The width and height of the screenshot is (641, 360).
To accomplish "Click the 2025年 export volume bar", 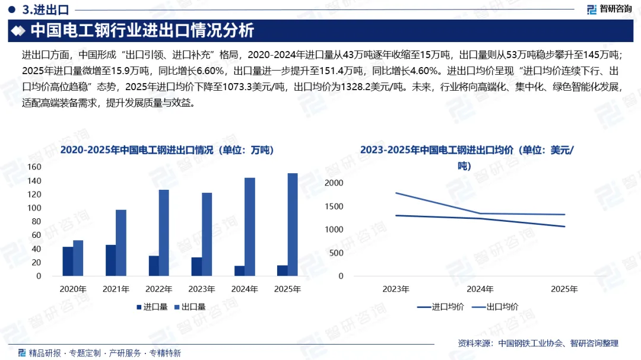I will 293,225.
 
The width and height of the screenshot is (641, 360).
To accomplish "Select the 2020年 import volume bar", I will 68,262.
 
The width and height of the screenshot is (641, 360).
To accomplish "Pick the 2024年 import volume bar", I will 239,271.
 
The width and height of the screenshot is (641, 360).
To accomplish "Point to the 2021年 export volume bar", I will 120,243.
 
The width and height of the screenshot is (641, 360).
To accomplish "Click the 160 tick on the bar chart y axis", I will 34,167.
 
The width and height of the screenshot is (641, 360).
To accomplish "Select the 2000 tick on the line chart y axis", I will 334,183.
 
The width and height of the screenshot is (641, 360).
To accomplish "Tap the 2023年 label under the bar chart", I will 202,289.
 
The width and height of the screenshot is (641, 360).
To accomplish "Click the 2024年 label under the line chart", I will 480,289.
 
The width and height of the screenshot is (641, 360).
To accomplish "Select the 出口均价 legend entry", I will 496,307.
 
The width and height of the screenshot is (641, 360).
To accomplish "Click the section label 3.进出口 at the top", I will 45,9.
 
